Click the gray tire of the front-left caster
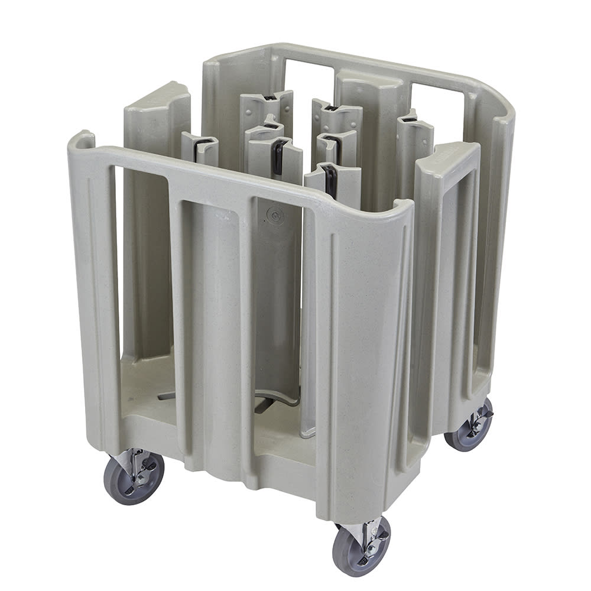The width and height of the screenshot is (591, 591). [x=122, y=482]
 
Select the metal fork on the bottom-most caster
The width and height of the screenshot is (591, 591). [x=372, y=535]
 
